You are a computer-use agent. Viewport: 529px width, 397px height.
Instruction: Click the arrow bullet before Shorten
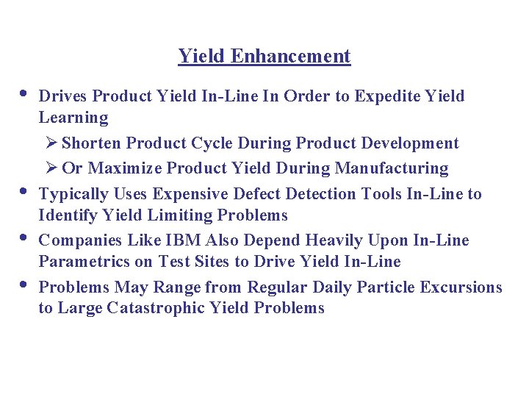[51, 143]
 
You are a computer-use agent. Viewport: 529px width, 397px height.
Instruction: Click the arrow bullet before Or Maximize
[51, 168]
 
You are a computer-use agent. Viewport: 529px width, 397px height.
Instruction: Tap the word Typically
[71, 194]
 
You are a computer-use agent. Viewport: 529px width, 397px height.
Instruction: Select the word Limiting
[172, 215]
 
